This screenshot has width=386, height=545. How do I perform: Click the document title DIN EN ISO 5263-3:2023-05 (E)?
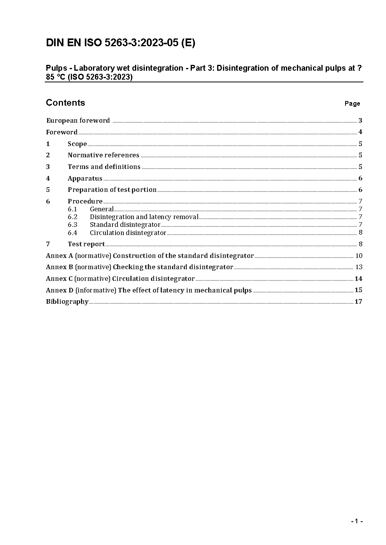(121, 43)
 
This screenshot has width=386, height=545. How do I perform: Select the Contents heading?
(65, 103)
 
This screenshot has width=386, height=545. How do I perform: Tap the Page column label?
(352, 103)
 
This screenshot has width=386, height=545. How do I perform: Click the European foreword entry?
(78, 120)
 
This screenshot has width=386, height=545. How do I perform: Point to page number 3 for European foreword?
(360, 120)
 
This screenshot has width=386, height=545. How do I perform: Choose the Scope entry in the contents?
(77, 144)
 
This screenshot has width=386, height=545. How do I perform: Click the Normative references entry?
(103, 155)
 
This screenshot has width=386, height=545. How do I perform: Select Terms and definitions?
(104, 167)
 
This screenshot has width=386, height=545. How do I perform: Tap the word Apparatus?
(85, 178)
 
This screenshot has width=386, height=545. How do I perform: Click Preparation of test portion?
(112, 190)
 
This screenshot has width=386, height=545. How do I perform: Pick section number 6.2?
(72, 217)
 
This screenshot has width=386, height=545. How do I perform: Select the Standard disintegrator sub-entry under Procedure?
(125, 225)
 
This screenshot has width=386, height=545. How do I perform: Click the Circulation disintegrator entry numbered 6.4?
(128, 233)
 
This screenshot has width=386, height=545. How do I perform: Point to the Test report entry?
(86, 244)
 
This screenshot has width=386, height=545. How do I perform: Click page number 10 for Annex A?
(359, 256)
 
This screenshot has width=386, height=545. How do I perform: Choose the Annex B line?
(139, 267)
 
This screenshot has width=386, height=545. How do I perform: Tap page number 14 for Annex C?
(358, 279)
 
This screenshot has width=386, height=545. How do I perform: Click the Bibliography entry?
(67, 301)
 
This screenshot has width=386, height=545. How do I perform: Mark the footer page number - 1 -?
(357, 521)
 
